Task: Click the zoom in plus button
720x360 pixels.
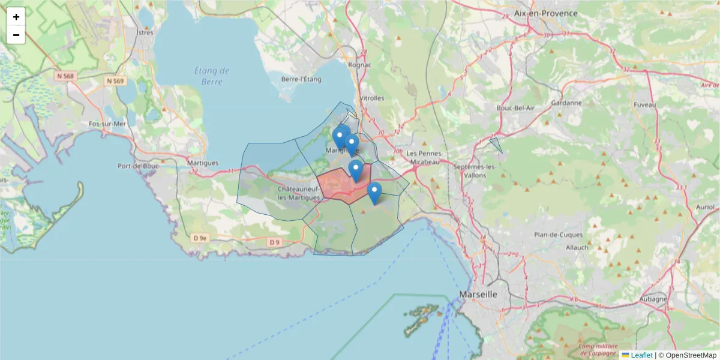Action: click(16, 17)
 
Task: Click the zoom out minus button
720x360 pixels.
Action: click(16, 35)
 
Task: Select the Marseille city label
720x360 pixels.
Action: click(478, 295)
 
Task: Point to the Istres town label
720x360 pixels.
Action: click(145, 32)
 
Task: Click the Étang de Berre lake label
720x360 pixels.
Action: click(212, 76)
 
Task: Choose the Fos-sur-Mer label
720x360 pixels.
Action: click(107, 124)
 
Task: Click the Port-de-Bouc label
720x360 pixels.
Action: click(137, 166)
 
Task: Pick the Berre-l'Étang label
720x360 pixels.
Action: click(302, 79)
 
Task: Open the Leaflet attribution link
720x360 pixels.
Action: click(641, 355)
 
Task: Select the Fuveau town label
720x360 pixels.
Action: click(644, 104)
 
